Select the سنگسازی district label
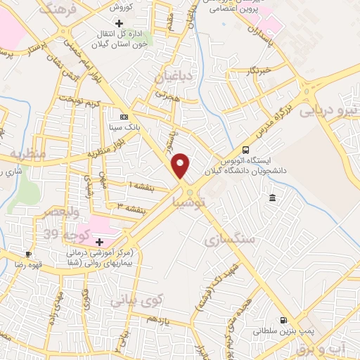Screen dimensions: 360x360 coord(229,240)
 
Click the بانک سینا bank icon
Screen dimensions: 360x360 coord(124,117)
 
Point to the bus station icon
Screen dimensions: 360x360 coord(245,149)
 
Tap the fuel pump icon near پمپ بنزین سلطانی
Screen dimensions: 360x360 coord(284,319)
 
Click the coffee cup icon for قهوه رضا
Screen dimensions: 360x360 coord(28,254)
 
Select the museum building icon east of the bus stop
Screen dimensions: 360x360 coord(272,199)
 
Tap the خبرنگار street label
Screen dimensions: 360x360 coord(258,70)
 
